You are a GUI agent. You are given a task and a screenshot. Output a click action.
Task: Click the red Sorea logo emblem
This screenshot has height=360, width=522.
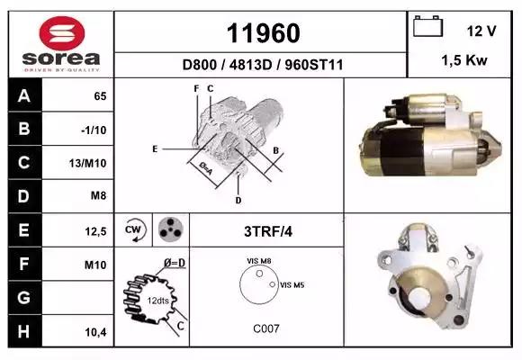62,33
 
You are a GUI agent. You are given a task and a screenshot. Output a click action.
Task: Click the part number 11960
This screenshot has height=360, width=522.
264,33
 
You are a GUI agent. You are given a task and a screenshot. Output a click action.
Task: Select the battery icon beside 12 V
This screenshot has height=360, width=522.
427,26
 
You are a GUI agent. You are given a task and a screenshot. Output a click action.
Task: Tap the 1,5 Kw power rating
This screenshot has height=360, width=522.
464,60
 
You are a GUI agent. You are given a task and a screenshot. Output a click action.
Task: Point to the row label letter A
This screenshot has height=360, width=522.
24,96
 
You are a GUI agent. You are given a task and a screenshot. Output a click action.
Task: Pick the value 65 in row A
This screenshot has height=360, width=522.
100,96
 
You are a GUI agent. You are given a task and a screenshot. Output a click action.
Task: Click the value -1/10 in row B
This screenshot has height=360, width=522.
94,130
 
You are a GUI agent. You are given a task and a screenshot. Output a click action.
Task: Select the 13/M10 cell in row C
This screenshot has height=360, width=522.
88,163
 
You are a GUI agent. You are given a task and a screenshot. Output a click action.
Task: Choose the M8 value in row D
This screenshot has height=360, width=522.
98,195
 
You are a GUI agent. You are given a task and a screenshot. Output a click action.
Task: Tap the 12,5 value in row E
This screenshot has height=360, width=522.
96,231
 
